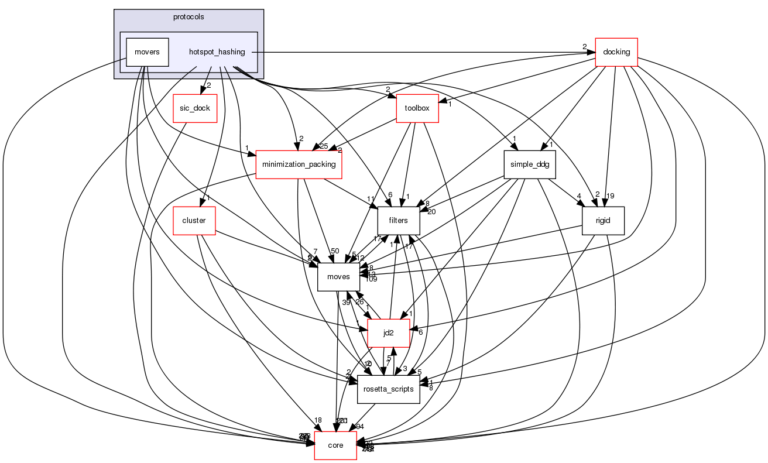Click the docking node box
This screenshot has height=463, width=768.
(616, 52)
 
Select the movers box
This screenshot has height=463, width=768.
(148, 52)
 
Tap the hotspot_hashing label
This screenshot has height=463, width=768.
(217, 52)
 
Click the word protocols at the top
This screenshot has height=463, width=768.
(188, 17)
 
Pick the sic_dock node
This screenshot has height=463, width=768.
(195, 108)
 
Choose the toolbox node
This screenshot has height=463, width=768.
(417, 108)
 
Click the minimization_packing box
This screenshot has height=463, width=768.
(299, 164)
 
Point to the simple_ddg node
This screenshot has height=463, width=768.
(529, 164)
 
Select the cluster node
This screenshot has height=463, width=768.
(194, 221)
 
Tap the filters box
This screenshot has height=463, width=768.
(399, 221)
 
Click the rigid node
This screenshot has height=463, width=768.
(603, 221)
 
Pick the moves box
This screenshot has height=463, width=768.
(338, 277)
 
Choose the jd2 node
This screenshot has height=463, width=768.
(388, 333)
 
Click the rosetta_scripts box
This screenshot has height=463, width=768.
(389, 389)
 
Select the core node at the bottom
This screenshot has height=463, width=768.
(335, 445)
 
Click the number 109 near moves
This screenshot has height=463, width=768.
(371, 279)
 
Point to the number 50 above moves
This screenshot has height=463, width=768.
(335, 251)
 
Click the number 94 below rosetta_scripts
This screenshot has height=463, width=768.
(360, 426)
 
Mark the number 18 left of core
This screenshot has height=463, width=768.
(318, 420)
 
